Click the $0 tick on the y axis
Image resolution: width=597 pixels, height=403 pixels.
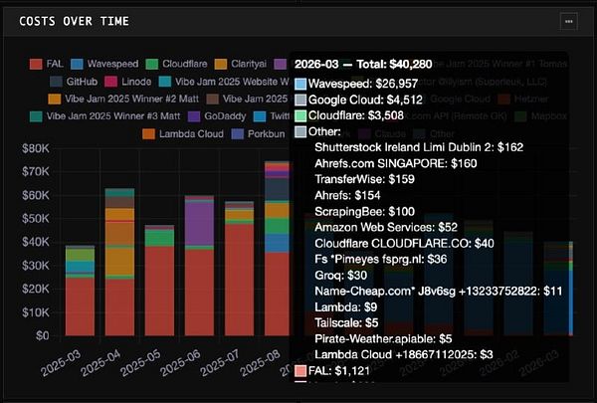42,335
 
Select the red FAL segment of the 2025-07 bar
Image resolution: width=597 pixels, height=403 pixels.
240,279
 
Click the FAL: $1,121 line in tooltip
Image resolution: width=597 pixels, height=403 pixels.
344,371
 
